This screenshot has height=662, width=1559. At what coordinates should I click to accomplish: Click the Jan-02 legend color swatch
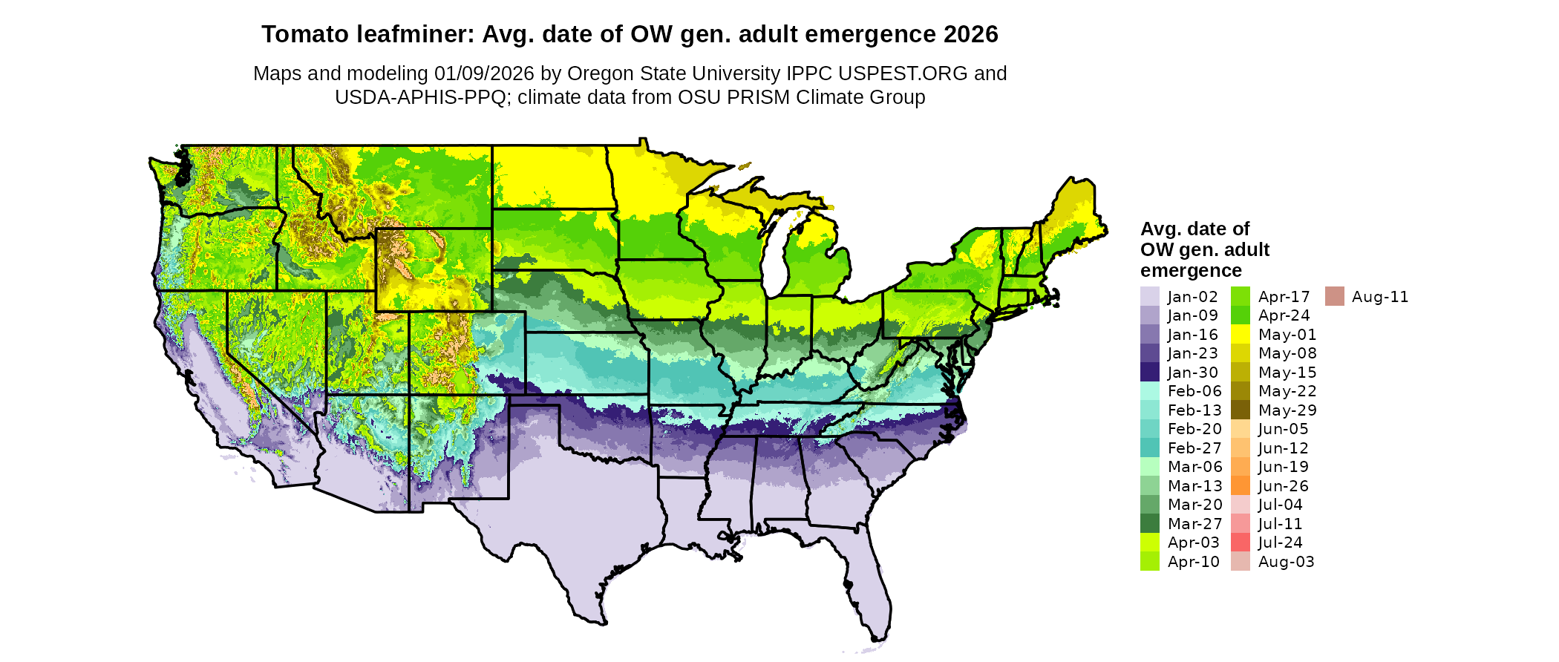(1149, 297)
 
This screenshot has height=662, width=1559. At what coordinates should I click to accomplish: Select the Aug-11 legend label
(1379, 297)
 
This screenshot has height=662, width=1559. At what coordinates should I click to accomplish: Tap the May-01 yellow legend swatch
(1240, 335)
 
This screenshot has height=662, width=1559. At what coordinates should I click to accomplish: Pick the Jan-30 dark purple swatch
(1149, 373)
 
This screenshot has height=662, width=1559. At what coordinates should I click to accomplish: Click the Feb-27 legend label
(1194, 448)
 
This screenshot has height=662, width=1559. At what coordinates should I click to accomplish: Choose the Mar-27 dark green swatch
(1149, 524)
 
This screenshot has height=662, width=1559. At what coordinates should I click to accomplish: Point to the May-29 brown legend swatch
(1240, 410)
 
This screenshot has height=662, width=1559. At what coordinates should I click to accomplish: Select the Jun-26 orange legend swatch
(1240, 486)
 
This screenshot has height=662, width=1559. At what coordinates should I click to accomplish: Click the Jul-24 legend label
(1280, 543)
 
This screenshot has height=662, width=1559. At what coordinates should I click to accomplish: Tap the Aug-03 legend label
(1286, 562)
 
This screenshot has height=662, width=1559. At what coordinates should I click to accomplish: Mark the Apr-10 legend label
(1193, 562)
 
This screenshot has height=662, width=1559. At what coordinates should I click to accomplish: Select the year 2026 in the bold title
(971, 35)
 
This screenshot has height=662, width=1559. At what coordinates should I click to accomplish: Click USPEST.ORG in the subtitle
(903, 73)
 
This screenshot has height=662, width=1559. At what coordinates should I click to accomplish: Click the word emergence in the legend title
(1191, 271)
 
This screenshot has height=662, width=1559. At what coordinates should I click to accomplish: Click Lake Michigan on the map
(775, 260)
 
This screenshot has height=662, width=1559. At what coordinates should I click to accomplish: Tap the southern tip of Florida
(879, 637)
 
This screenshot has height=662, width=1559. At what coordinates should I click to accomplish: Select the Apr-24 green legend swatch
(1240, 315)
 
